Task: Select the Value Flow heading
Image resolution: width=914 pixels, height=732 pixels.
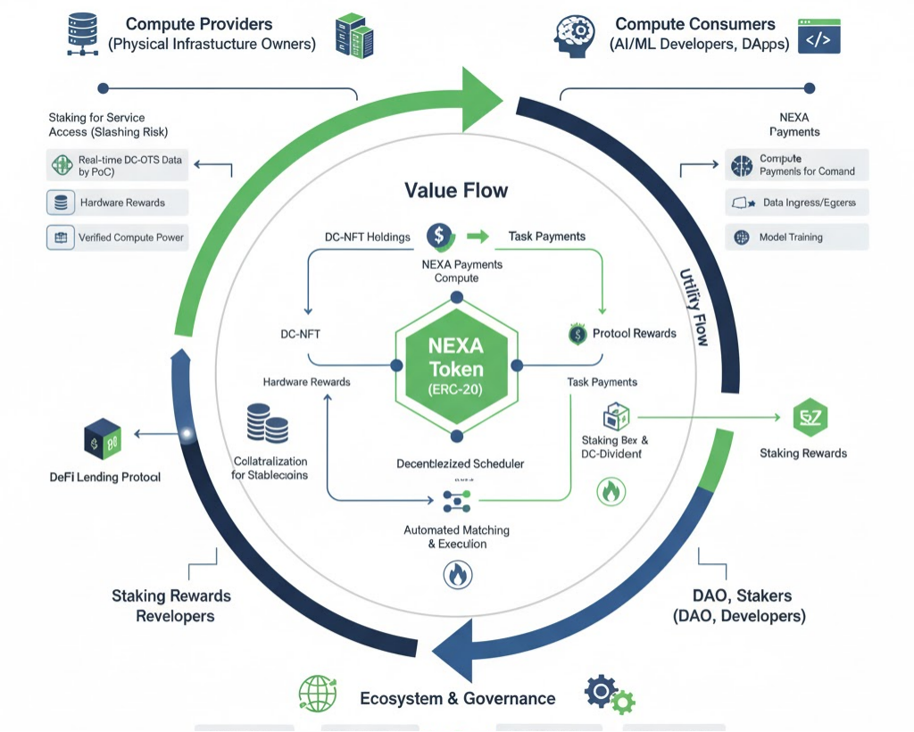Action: tap(456, 190)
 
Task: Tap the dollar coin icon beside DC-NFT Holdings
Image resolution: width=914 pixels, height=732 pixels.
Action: tap(438, 236)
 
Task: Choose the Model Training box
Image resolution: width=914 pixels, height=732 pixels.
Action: tap(796, 237)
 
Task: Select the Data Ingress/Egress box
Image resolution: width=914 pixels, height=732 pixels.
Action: tap(796, 203)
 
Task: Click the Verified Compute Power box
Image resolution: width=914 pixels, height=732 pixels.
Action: tap(117, 237)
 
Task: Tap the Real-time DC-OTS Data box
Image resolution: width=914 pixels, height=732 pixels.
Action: tap(117, 165)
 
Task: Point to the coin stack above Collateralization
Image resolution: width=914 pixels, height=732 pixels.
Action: tap(266, 423)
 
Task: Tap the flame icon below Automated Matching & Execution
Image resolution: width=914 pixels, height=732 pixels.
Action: tap(456, 575)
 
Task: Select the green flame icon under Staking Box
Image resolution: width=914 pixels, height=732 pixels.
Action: tap(611, 490)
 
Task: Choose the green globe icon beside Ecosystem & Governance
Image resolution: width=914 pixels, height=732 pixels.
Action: tap(317, 694)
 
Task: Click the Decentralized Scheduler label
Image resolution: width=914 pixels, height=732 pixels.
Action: tap(460, 463)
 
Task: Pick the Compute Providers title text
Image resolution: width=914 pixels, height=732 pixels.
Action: tap(198, 24)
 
